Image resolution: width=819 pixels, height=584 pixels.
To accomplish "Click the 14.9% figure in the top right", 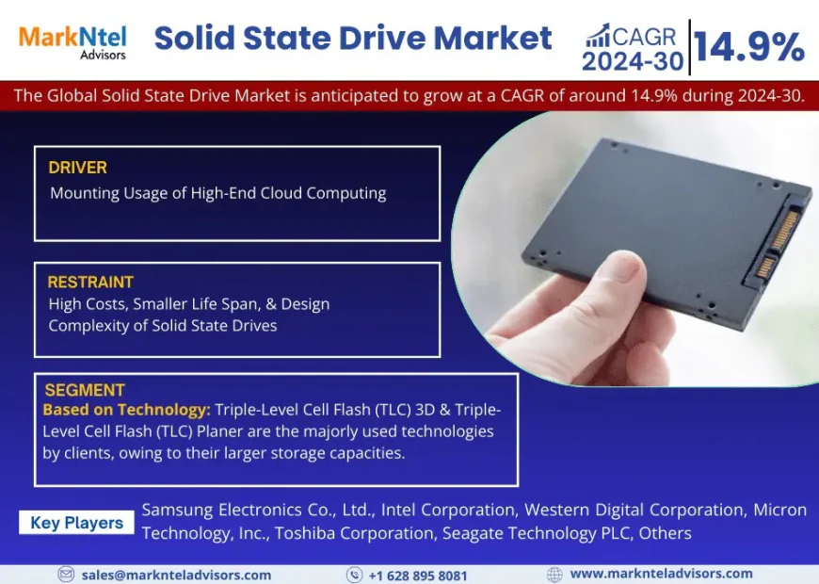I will [x=749, y=46].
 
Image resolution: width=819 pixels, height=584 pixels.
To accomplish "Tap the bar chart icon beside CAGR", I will [x=598, y=36].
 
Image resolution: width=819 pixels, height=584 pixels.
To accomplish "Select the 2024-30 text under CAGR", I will [x=634, y=61].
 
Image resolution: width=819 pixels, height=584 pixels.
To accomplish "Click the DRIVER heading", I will [x=78, y=168].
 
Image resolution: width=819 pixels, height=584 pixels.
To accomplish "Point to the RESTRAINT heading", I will [x=91, y=282].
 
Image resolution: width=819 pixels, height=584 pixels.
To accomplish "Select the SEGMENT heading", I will [x=84, y=390].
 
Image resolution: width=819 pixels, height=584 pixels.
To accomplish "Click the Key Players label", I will [x=76, y=523].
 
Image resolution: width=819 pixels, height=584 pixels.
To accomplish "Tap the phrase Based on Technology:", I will [x=126, y=411].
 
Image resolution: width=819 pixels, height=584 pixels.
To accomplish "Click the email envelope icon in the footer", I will [x=66, y=574].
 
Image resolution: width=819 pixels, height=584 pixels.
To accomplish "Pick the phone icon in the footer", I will [x=354, y=574].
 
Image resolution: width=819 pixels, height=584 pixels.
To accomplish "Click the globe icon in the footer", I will [x=554, y=574].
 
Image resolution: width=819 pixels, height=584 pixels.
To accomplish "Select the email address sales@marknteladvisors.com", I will [x=176, y=575].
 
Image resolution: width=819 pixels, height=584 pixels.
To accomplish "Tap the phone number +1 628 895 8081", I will [x=418, y=575].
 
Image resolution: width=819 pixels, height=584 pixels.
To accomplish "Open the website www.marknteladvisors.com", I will [x=661, y=574].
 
